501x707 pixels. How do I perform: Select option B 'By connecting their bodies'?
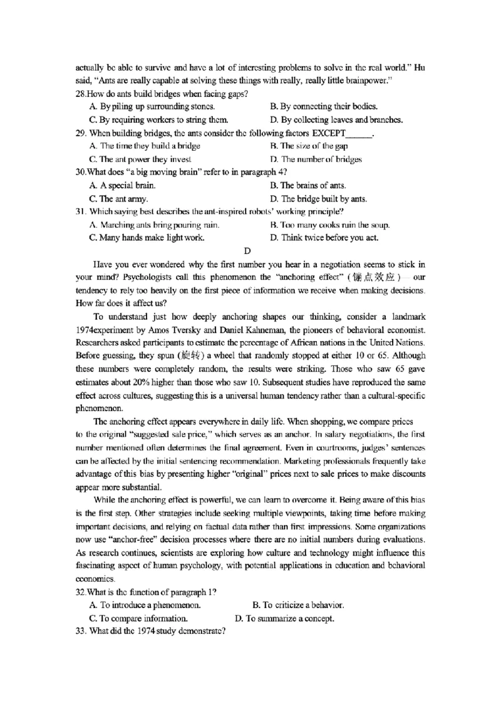tap(323, 106)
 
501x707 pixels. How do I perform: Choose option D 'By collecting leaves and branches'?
tap(336, 120)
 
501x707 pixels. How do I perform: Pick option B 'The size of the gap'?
tap(308, 146)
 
